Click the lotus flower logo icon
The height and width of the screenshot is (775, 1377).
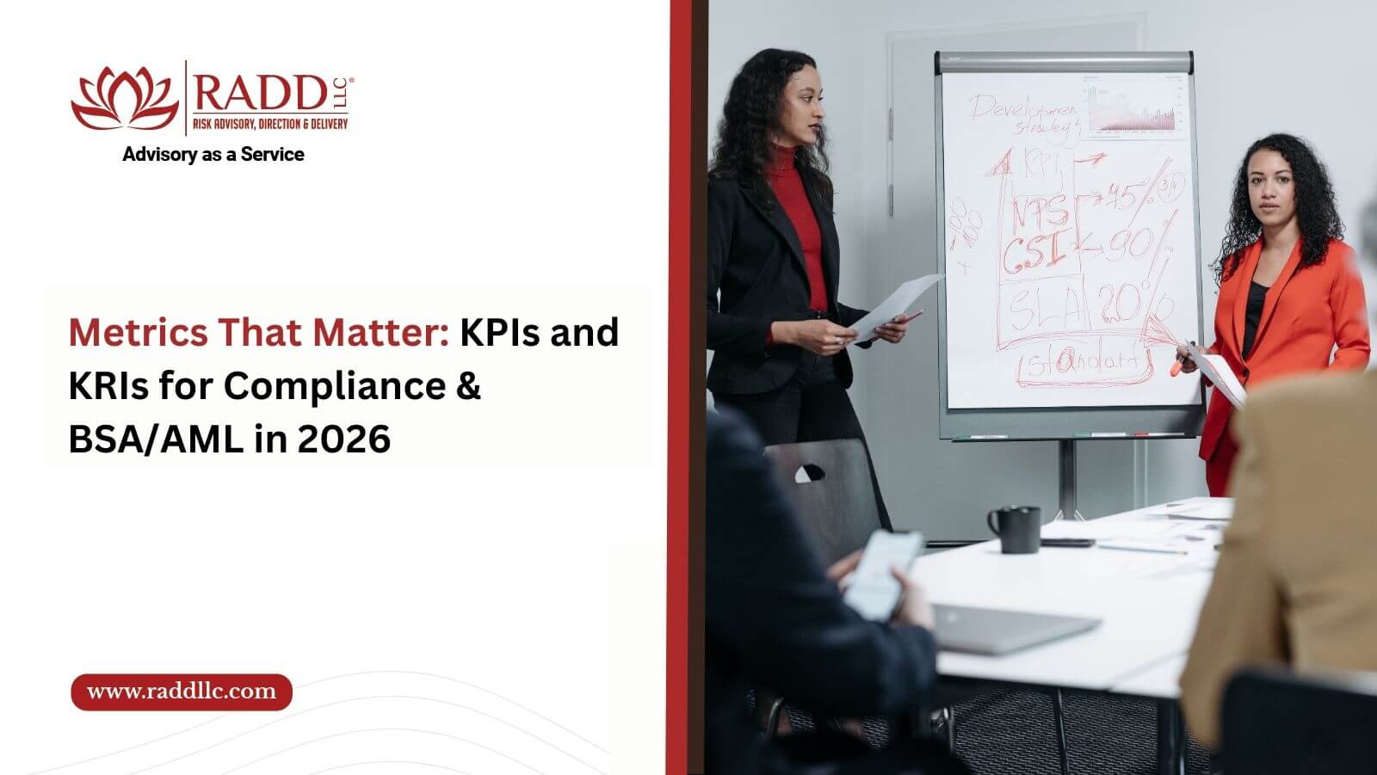[125, 97]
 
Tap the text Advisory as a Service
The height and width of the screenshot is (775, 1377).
[213, 155]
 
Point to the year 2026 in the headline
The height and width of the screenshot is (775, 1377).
[343, 439]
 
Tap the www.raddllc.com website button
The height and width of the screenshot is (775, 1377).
[182, 692]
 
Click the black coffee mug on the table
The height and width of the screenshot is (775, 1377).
[1016, 528]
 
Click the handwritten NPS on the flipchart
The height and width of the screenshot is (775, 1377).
[1040, 212]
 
